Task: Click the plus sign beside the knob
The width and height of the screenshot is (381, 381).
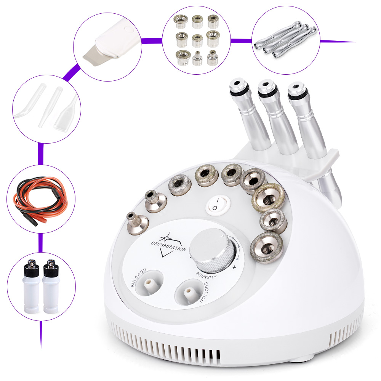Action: pos(234,267)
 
